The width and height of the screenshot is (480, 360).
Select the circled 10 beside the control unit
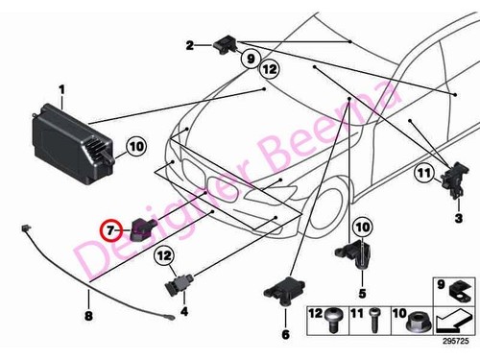[x=134, y=147]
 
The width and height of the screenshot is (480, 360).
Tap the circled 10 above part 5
[x=362, y=227]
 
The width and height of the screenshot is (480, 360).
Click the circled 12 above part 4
[x=164, y=255]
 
